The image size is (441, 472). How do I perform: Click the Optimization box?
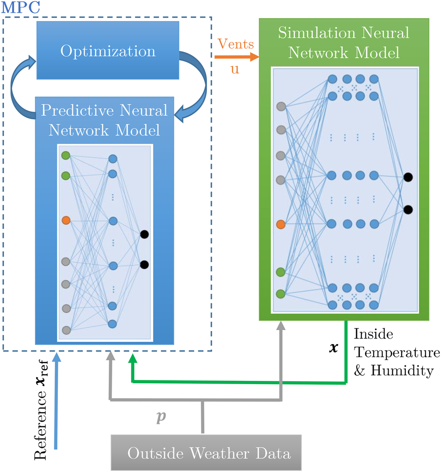(108, 51)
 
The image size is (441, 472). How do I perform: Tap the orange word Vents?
(236, 44)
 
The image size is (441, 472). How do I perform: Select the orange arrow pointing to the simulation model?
(235, 57)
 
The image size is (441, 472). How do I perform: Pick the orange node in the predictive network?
(66, 221)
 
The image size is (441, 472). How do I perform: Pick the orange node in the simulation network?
(281, 224)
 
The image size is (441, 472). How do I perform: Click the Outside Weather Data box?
(206, 453)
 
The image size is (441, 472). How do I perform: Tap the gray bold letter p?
(161, 418)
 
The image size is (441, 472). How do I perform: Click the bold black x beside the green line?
(334, 349)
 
